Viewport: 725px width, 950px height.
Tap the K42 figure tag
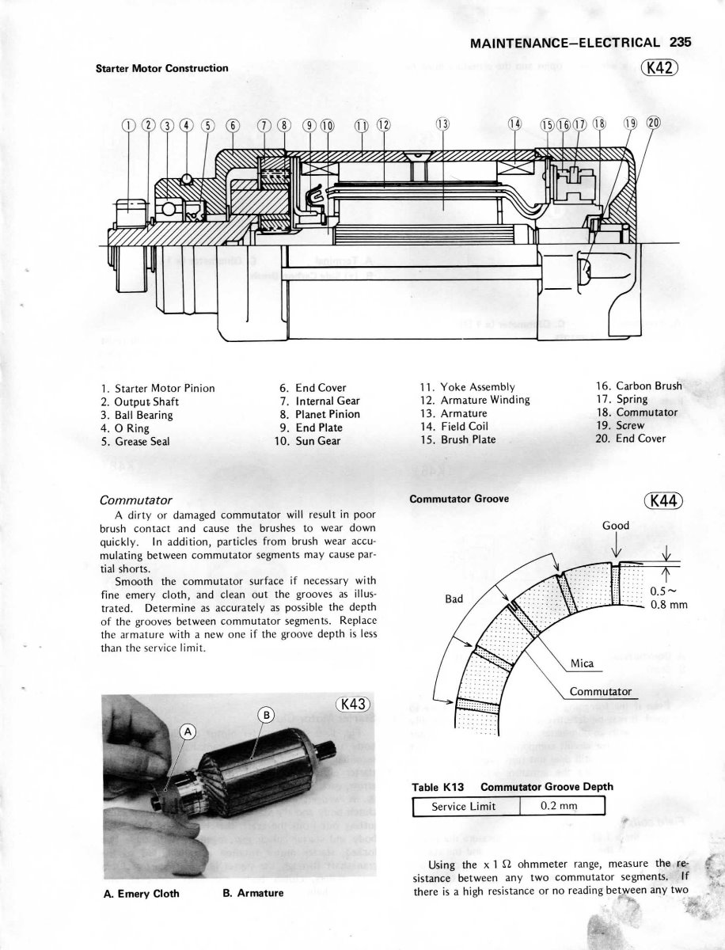pos(659,67)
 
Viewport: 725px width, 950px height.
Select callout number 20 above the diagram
pos(653,123)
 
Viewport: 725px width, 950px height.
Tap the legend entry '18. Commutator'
pos(636,412)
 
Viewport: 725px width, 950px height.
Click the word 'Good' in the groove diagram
pos(616,526)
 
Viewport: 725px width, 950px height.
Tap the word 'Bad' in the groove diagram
pos(454,599)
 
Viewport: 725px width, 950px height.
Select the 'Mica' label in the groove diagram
pos(582,663)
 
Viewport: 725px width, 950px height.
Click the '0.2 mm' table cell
pos(560,807)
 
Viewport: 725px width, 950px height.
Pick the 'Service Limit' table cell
pos(464,807)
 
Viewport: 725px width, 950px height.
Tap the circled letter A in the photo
pos(188,732)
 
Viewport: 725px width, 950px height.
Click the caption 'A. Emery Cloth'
pos(142,894)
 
